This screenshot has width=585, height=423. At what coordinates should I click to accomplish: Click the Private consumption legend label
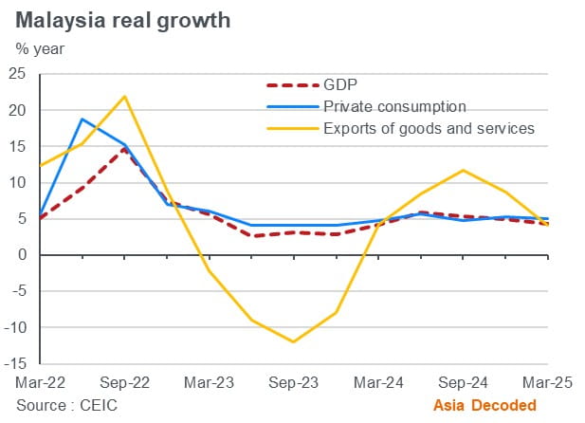point(394,105)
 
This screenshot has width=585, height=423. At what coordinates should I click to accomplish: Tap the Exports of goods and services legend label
point(429,127)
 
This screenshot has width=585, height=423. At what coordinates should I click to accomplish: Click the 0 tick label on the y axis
point(22,255)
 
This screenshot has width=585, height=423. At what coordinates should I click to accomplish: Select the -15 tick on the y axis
point(16,363)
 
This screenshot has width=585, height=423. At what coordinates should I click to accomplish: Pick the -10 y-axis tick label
point(16,327)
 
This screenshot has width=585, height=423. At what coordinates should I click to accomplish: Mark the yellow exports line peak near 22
point(124,96)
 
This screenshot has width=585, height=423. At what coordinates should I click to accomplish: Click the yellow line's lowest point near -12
point(294,341)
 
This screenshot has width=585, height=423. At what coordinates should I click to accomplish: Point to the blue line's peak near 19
point(82,120)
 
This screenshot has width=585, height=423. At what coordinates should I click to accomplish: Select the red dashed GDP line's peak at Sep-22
point(124,149)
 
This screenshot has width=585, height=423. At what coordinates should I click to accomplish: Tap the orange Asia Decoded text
point(485,405)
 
